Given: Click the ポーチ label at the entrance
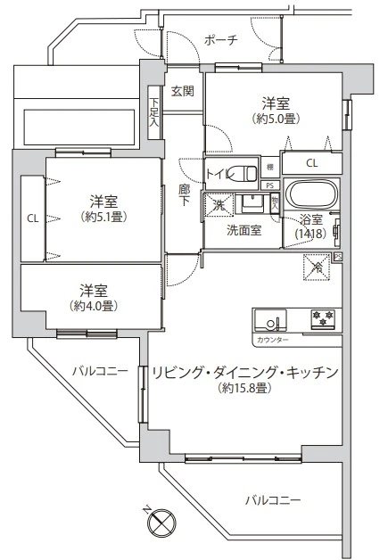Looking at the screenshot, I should [x=220, y=40].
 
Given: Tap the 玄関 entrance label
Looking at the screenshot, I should [x=183, y=90].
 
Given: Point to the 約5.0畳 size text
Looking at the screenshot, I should [x=275, y=117].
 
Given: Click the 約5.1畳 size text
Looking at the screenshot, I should [x=104, y=217].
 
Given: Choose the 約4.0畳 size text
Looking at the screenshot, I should [x=93, y=306].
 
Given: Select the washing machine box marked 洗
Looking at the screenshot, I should [x=219, y=204].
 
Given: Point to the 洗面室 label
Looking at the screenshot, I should [x=244, y=229].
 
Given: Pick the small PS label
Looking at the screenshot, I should [x=269, y=185].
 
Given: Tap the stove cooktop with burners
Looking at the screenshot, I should [x=323, y=318].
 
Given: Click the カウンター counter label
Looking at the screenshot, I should [x=271, y=340].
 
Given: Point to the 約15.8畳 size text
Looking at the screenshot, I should [x=244, y=389].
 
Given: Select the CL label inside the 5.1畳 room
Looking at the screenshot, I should [x=32, y=217].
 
